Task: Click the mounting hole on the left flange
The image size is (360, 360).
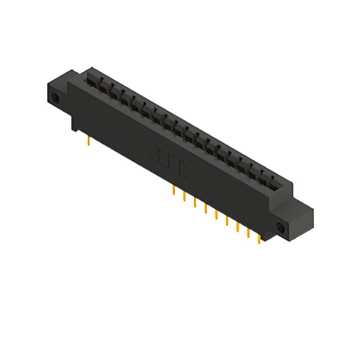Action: click(x=55, y=100)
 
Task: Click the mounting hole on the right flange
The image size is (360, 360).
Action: click(x=281, y=228)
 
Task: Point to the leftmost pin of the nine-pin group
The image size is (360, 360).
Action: click(x=173, y=190)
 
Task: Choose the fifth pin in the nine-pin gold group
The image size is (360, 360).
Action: click(x=216, y=214)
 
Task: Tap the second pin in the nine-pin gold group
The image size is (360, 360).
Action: click(x=184, y=196)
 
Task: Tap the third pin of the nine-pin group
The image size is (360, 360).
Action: click(x=195, y=202)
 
